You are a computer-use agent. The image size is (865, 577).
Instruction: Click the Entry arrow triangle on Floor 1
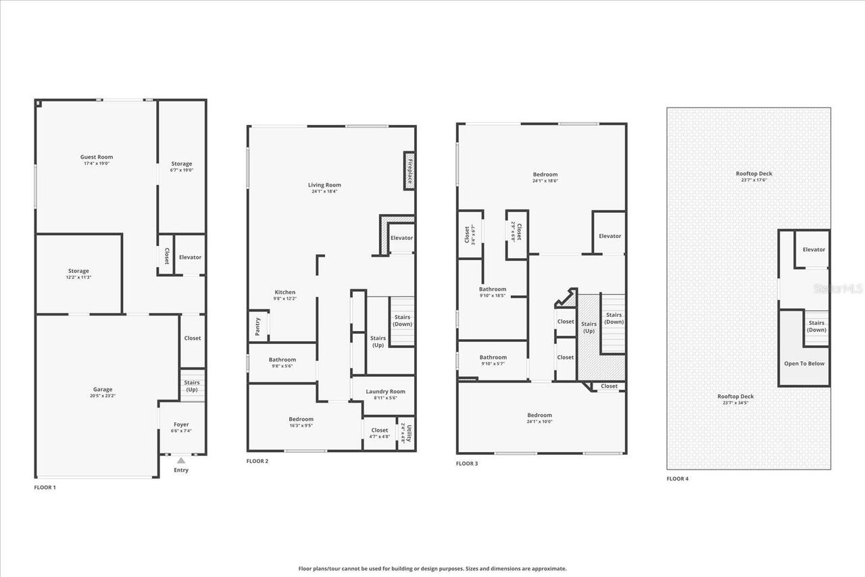[x=180, y=460]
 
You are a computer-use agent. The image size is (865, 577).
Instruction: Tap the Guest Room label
[x=97, y=157]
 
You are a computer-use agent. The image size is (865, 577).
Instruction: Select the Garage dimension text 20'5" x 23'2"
[x=103, y=396]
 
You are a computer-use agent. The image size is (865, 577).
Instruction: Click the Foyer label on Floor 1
[x=181, y=424]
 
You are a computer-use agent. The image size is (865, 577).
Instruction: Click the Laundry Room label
[x=385, y=391]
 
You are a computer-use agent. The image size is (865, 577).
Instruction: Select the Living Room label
[x=324, y=184]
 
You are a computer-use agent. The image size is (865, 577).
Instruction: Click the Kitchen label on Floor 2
[x=285, y=292]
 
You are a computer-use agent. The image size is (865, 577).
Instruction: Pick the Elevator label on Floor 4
[x=814, y=249]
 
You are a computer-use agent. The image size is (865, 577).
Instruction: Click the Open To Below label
[x=804, y=363]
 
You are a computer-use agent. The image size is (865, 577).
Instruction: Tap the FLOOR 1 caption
[x=45, y=487]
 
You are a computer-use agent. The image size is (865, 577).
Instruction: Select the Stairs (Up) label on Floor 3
[x=589, y=327]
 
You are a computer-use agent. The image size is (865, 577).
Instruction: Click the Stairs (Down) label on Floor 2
[x=402, y=320]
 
